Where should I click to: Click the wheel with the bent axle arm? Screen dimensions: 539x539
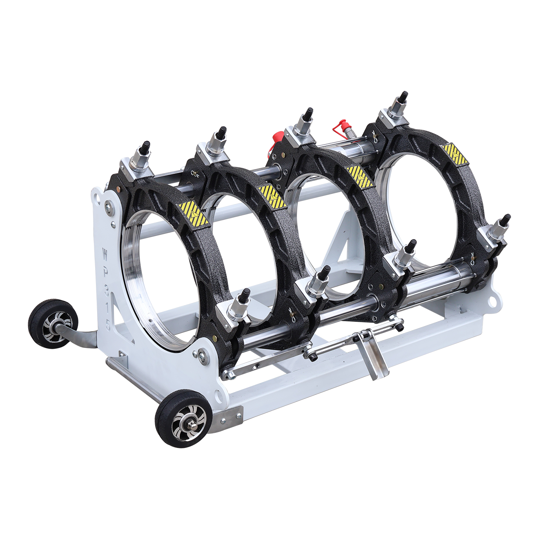coord(53,323)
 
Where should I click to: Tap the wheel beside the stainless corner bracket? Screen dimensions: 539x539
coord(183,419)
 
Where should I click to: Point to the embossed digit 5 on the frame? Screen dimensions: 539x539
coord(107,325)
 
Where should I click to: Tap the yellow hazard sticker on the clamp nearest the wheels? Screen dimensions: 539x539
coord(194,214)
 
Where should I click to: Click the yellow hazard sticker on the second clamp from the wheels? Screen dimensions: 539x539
coord(273,197)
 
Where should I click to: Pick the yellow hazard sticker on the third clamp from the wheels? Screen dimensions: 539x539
coord(359,177)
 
